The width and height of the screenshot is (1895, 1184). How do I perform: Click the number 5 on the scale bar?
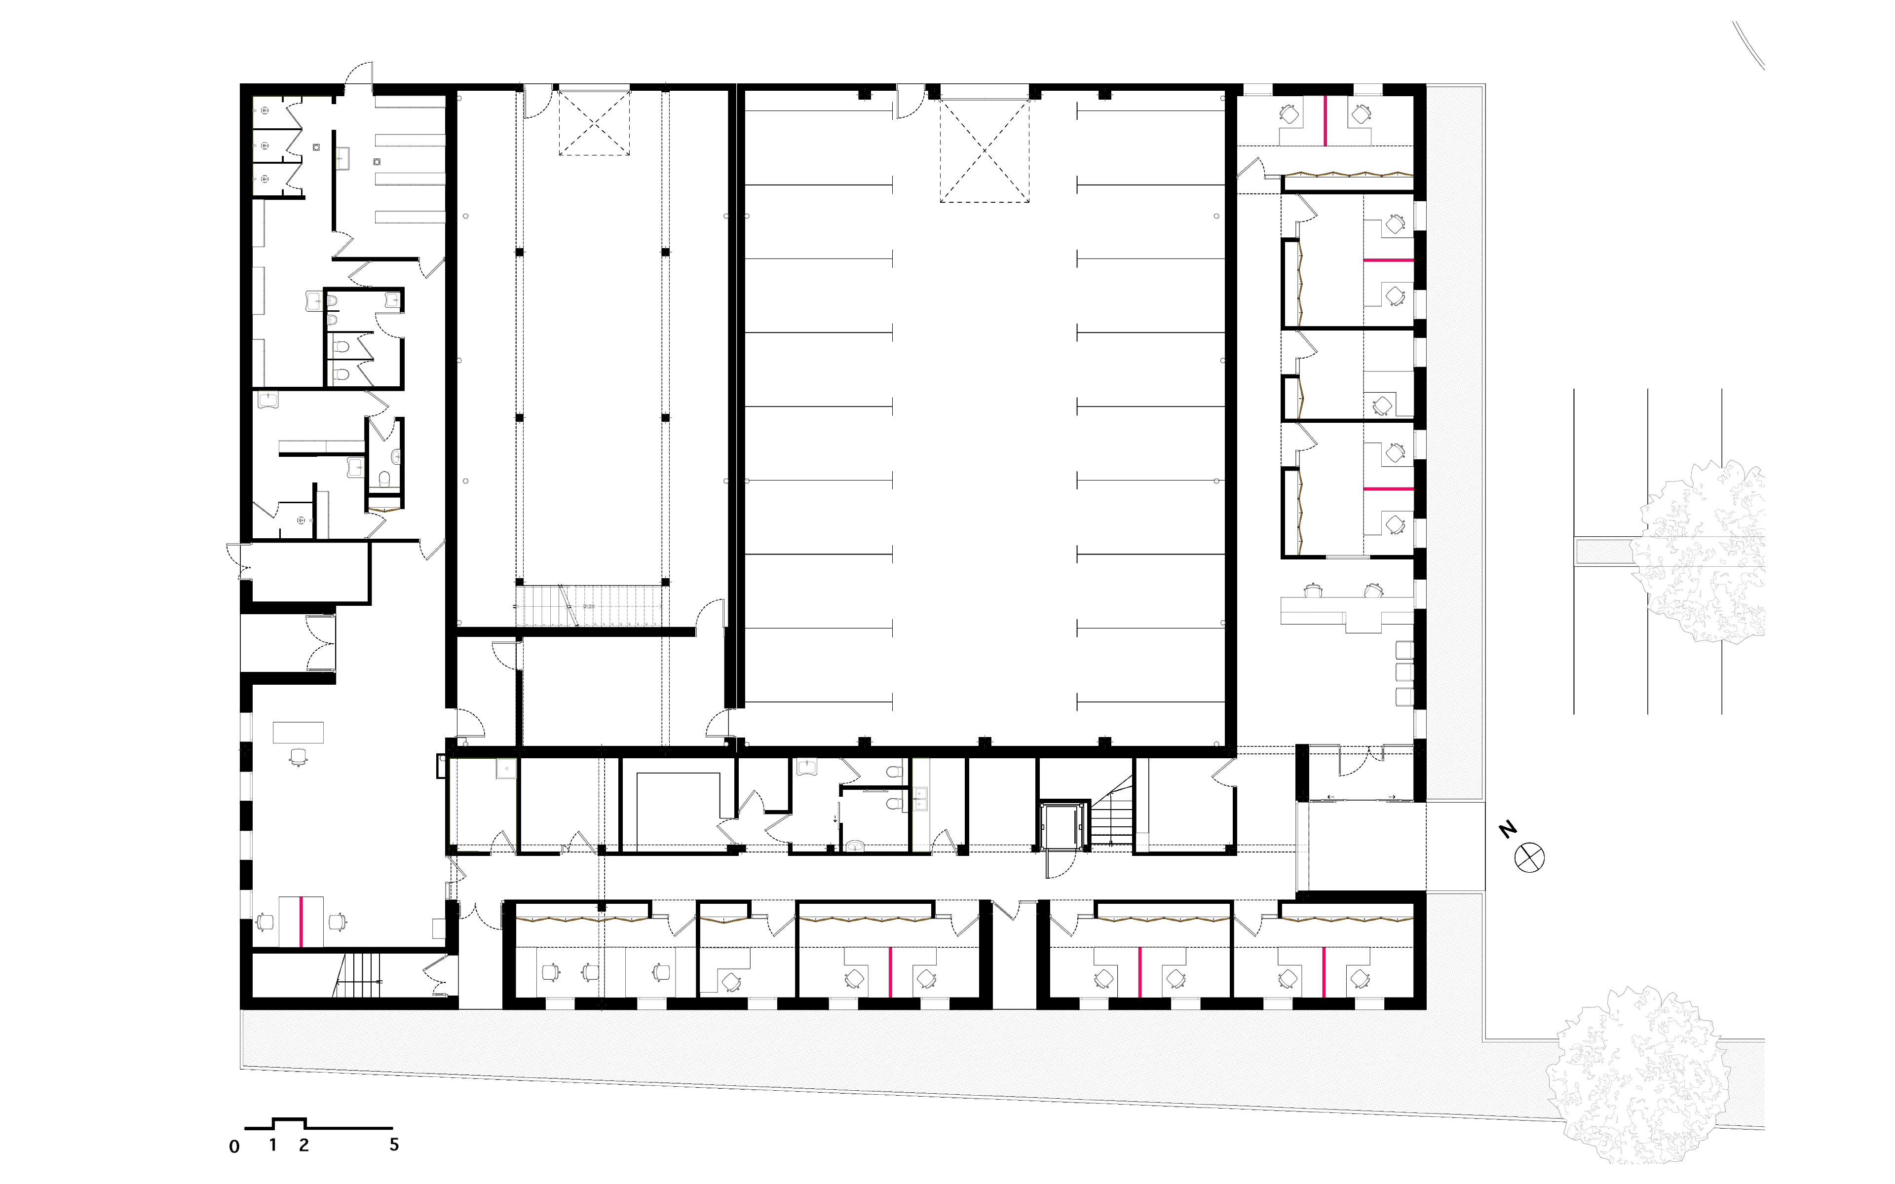coord(394,1144)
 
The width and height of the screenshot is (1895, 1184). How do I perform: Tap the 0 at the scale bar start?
coord(234,1147)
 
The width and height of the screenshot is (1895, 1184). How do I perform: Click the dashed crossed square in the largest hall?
coord(985,151)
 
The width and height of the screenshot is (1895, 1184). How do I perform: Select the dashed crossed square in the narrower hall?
coord(594,123)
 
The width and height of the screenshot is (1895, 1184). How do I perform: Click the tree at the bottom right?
coord(1638,1075)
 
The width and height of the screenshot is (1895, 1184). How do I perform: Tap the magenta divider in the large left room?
coord(301,922)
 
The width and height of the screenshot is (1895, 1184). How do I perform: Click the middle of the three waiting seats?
coord(1405,672)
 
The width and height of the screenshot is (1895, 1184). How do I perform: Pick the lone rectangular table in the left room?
coord(298,732)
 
